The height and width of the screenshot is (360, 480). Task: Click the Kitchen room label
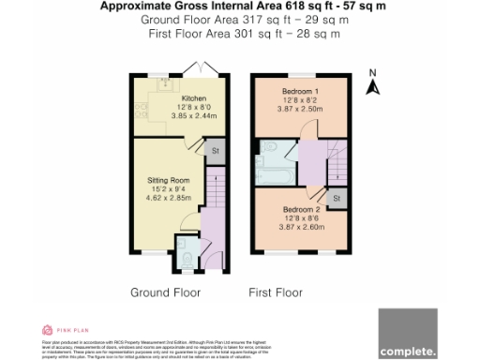[x=194, y=98]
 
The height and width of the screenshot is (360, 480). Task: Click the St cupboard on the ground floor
[x=215, y=150]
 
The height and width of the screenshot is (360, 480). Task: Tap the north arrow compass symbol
[x=372, y=84]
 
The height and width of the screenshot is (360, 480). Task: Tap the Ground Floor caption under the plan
[x=162, y=293]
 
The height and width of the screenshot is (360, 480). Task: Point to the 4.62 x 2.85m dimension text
[x=169, y=199]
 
